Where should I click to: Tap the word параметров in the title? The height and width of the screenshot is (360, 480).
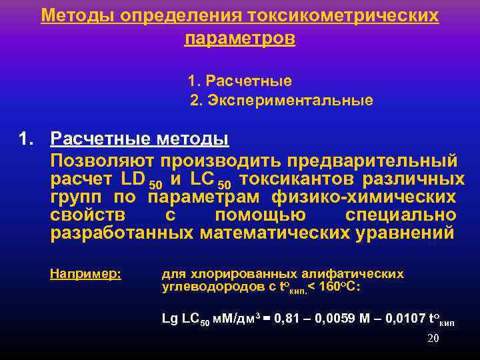coord(239,39)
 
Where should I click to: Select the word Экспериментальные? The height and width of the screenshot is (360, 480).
coord(291,101)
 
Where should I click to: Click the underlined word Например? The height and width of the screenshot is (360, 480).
coord(85,273)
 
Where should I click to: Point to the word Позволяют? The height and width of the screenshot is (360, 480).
coord(103,161)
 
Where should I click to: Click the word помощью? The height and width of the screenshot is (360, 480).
coord(260,215)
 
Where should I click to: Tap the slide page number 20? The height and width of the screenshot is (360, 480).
coord(433,338)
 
